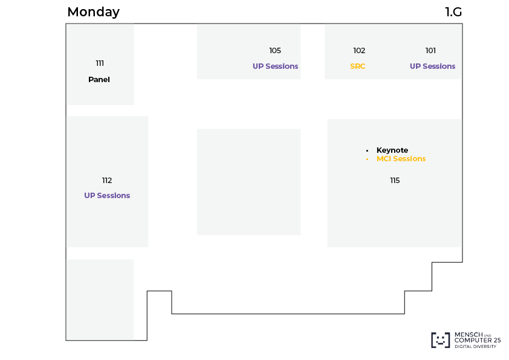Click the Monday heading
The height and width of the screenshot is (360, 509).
tap(94, 12)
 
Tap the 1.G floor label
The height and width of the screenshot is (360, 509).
tap(453, 12)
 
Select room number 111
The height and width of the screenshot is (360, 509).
tap(100, 63)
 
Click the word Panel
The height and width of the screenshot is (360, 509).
tap(99, 80)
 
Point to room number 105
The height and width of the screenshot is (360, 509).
tap(275, 51)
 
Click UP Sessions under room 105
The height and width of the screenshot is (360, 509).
tap(275, 66)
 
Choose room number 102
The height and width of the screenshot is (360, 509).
tap(359, 51)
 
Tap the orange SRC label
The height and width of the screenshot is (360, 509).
tap(358, 66)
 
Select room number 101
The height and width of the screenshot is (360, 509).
tap(430, 51)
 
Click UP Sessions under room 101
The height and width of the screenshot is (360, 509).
tap(432, 66)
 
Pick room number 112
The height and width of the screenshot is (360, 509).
tap(107, 181)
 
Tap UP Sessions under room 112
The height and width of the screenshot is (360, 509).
tap(107, 195)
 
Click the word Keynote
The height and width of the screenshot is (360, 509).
tap(392, 150)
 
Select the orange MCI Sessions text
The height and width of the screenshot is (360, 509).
tap(401, 159)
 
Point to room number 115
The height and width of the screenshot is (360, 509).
tap(395, 181)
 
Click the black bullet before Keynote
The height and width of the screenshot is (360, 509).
tap(367, 150)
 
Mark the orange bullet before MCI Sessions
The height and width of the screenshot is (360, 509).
tap(367, 159)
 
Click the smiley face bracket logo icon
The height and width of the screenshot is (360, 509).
tap(441, 340)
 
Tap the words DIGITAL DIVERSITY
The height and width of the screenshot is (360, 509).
tap(475, 346)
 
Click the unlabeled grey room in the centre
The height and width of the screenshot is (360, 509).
tap(248, 182)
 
